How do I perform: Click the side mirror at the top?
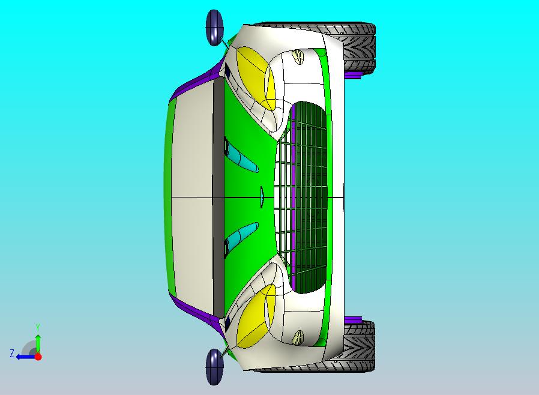coord(214,28)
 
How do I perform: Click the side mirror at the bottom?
coord(214,367)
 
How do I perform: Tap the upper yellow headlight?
coord(256,77)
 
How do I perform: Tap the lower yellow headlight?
coord(254,316)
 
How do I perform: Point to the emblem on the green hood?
coord(262,197)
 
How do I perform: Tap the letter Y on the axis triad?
coord(38,327)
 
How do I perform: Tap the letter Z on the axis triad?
coord(11,354)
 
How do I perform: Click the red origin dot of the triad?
coord(38,357)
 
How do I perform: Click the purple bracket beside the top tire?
coord(354,76)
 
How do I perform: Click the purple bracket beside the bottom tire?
coord(354,318)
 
